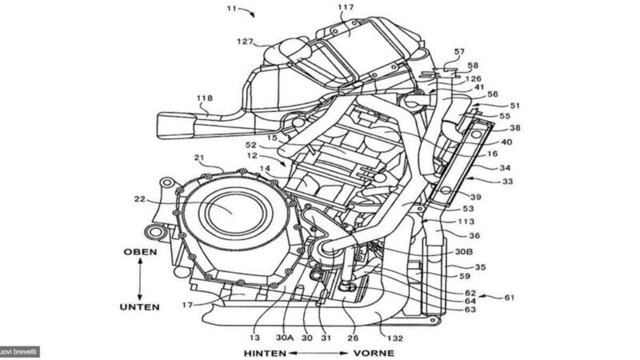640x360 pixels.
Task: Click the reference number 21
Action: (x=200, y=158)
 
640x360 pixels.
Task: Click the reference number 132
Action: (x=393, y=338)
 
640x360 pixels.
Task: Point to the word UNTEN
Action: (x=141, y=306)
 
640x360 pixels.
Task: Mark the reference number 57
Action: (x=459, y=52)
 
